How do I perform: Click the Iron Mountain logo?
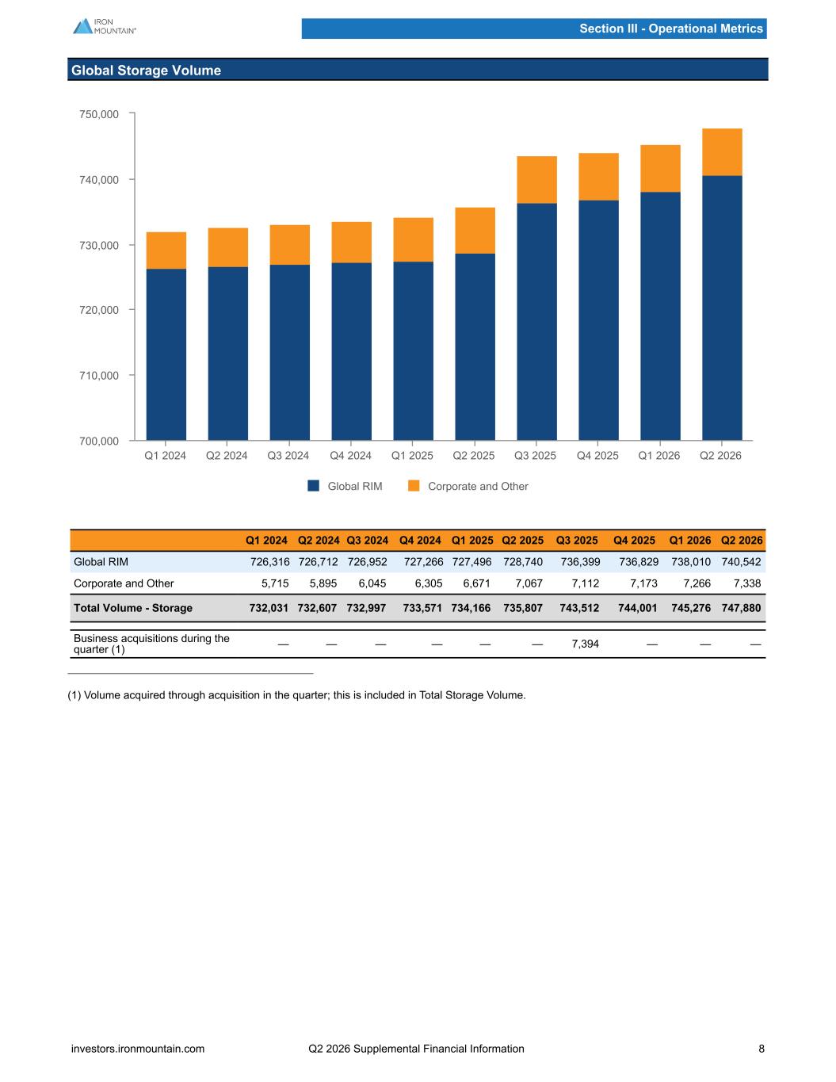pyautogui.click(x=105, y=26)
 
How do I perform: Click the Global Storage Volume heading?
pyautogui.click(x=146, y=71)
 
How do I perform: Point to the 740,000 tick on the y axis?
pyautogui.click(x=132, y=179)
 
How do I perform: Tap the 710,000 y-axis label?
pyautogui.click(x=99, y=376)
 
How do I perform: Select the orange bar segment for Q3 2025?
pyautogui.click(x=536, y=180)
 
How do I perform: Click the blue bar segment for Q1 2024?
pyautogui.click(x=166, y=354)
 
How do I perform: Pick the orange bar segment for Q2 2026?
pyautogui.click(x=722, y=152)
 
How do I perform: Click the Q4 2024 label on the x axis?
pyautogui.click(x=350, y=456)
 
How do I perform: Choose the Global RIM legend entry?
pyautogui.click(x=345, y=486)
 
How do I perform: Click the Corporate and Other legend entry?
pyautogui.click(x=468, y=486)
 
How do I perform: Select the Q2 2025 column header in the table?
pyautogui.click(x=522, y=541)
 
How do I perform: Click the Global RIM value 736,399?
pyautogui.click(x=580, y=562)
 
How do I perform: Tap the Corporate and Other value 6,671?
pyautogui.click(x=477, y=583)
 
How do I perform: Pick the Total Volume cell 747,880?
pyautogui.click(x=741, y=608)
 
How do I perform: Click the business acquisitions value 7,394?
pyautogui.click(x=585, y=644)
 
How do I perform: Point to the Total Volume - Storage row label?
pyautogui.click(x=133, y=608)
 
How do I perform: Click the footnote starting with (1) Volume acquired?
pyautogui.click(x=296, y=695)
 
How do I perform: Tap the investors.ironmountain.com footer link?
pyautogui.click(x=138, y=1049)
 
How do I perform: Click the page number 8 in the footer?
pyautogui.click(x=762, y=1049)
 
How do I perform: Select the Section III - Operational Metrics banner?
pyautogui.click(x=534, y=29)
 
